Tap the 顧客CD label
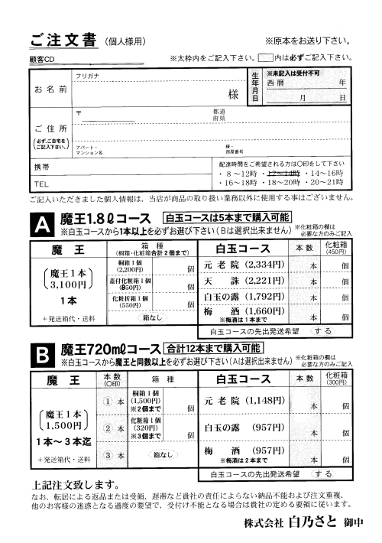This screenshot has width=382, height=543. (44, 58)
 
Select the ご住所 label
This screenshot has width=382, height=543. (50, 128)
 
